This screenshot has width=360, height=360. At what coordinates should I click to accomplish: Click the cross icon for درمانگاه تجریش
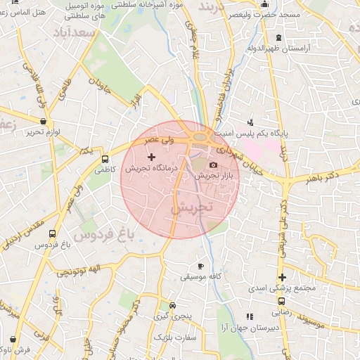click(x=151, y=155)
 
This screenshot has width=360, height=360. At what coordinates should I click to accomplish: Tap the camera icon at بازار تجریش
click(x=213, y=165)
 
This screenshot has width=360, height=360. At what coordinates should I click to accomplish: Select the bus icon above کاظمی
click(x=105, y=159)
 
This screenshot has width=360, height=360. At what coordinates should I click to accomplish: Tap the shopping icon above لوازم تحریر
click(x=43, y=120)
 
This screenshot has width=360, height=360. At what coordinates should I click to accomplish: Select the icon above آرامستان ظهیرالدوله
click(x=279, y=37)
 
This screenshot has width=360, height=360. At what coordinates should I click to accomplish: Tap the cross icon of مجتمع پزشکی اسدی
click(x=282, y=277)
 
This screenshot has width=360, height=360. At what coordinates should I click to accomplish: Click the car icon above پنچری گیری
click(x=173, y=306)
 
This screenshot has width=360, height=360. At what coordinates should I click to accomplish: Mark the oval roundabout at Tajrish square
click(x=200, y=137)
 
